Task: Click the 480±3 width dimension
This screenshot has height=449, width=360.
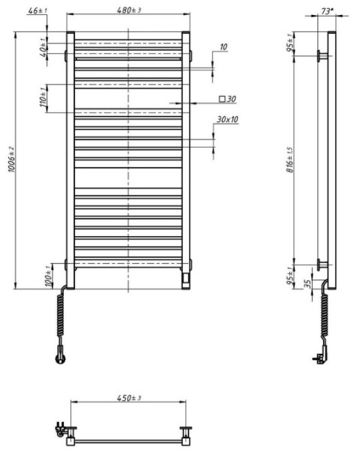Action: (128, 9)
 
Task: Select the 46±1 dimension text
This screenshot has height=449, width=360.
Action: (37, 11)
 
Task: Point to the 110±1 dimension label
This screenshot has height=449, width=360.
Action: (43, 97)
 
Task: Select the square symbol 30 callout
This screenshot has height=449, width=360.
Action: (226, 99)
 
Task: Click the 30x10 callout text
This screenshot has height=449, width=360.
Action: (227, 119)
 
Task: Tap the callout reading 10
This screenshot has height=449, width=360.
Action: (223, 47)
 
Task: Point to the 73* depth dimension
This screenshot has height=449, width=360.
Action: (325, 11)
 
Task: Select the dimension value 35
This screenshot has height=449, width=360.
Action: (305, 285)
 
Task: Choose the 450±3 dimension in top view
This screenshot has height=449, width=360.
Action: (127, 398)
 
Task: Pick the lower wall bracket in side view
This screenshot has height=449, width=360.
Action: (322, 264)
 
